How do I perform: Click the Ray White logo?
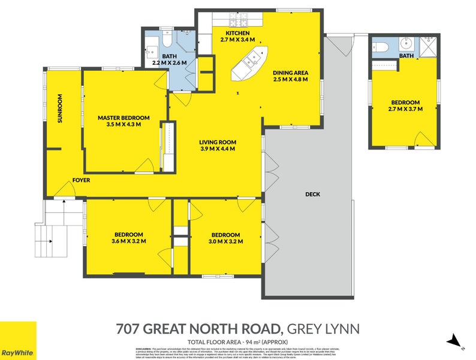pos(17,340)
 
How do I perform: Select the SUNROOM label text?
pos(60,109)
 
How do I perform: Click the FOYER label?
pos(81,180)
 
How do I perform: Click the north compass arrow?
pos(455,341)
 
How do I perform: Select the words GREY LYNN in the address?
pos(324,328)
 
